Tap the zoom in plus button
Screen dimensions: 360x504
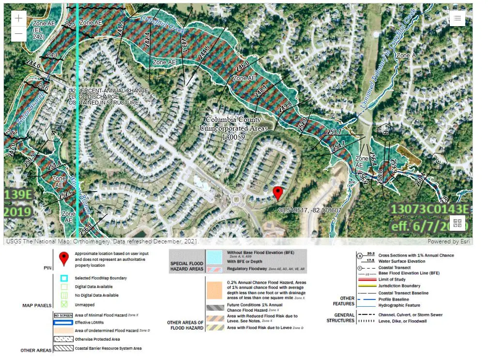pyautogui.click(x=18, y=18)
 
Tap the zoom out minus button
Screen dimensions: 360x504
pyautogui.click(x=18, y=34)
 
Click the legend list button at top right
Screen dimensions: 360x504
pyautogui.click(x=457, y=18)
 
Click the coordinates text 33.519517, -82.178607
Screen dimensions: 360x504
pyautogui.click(x=310, y=210)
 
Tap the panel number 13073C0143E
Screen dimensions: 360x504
pyautogui.click(x=430, y=209)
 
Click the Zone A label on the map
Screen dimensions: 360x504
pyautogui.click(x=406, y=56)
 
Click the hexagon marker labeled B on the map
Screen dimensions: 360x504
pyautogui.click(x=386, y=131)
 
